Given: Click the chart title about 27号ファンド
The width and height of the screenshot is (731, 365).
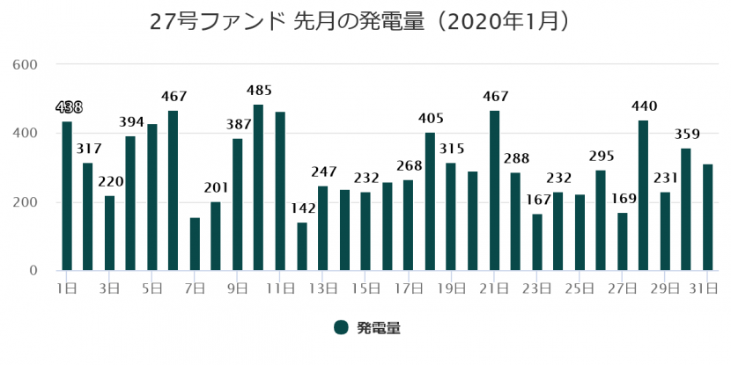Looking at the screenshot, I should click(365, 20).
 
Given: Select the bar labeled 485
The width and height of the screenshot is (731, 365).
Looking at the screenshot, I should click(259, 187).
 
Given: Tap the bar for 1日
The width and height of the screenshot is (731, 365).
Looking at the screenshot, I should click(67, 195).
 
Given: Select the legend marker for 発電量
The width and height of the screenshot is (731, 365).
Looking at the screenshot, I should click(341, 327).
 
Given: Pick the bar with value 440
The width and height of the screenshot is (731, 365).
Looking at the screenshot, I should click(643, 195).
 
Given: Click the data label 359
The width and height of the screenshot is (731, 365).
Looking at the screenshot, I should click(686, 135).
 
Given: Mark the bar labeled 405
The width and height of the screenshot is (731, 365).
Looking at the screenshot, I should click(430, 201).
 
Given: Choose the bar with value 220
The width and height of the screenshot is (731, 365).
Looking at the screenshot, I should click(109, 232).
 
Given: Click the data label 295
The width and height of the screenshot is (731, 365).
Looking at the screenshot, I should click(601, 155).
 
